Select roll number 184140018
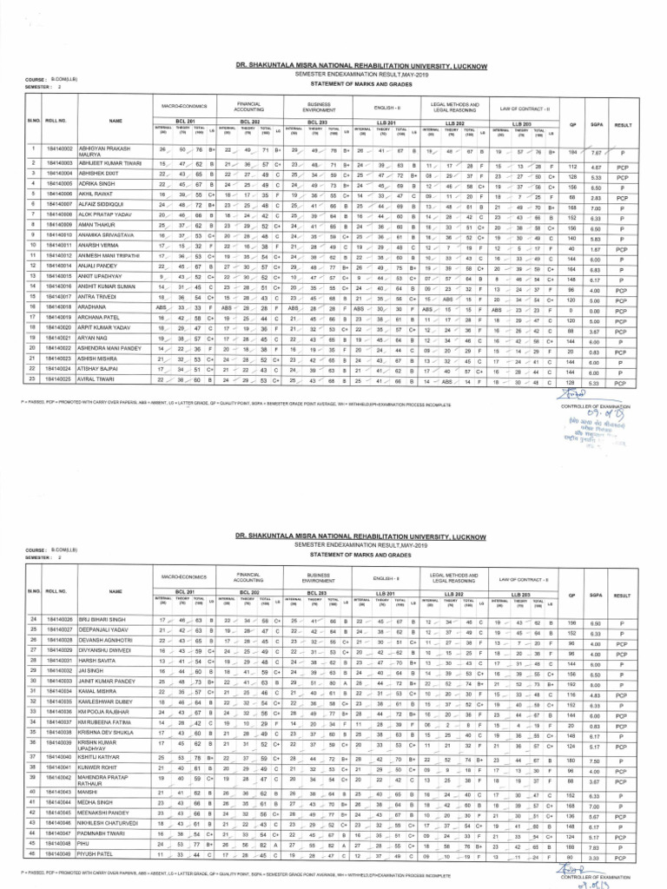tap(63, 306)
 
